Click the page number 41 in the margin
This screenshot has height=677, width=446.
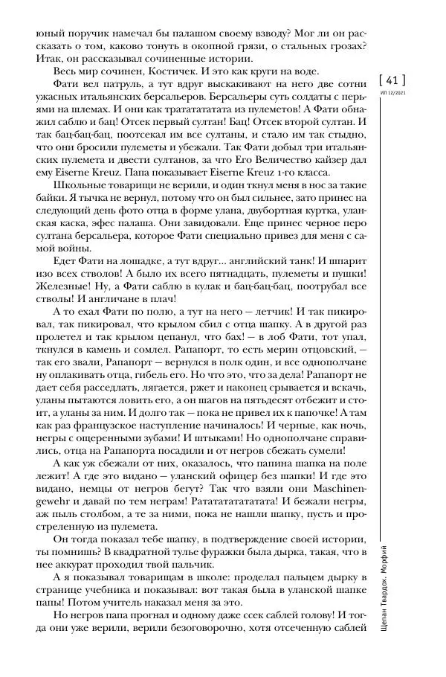[x=392, y=79]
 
